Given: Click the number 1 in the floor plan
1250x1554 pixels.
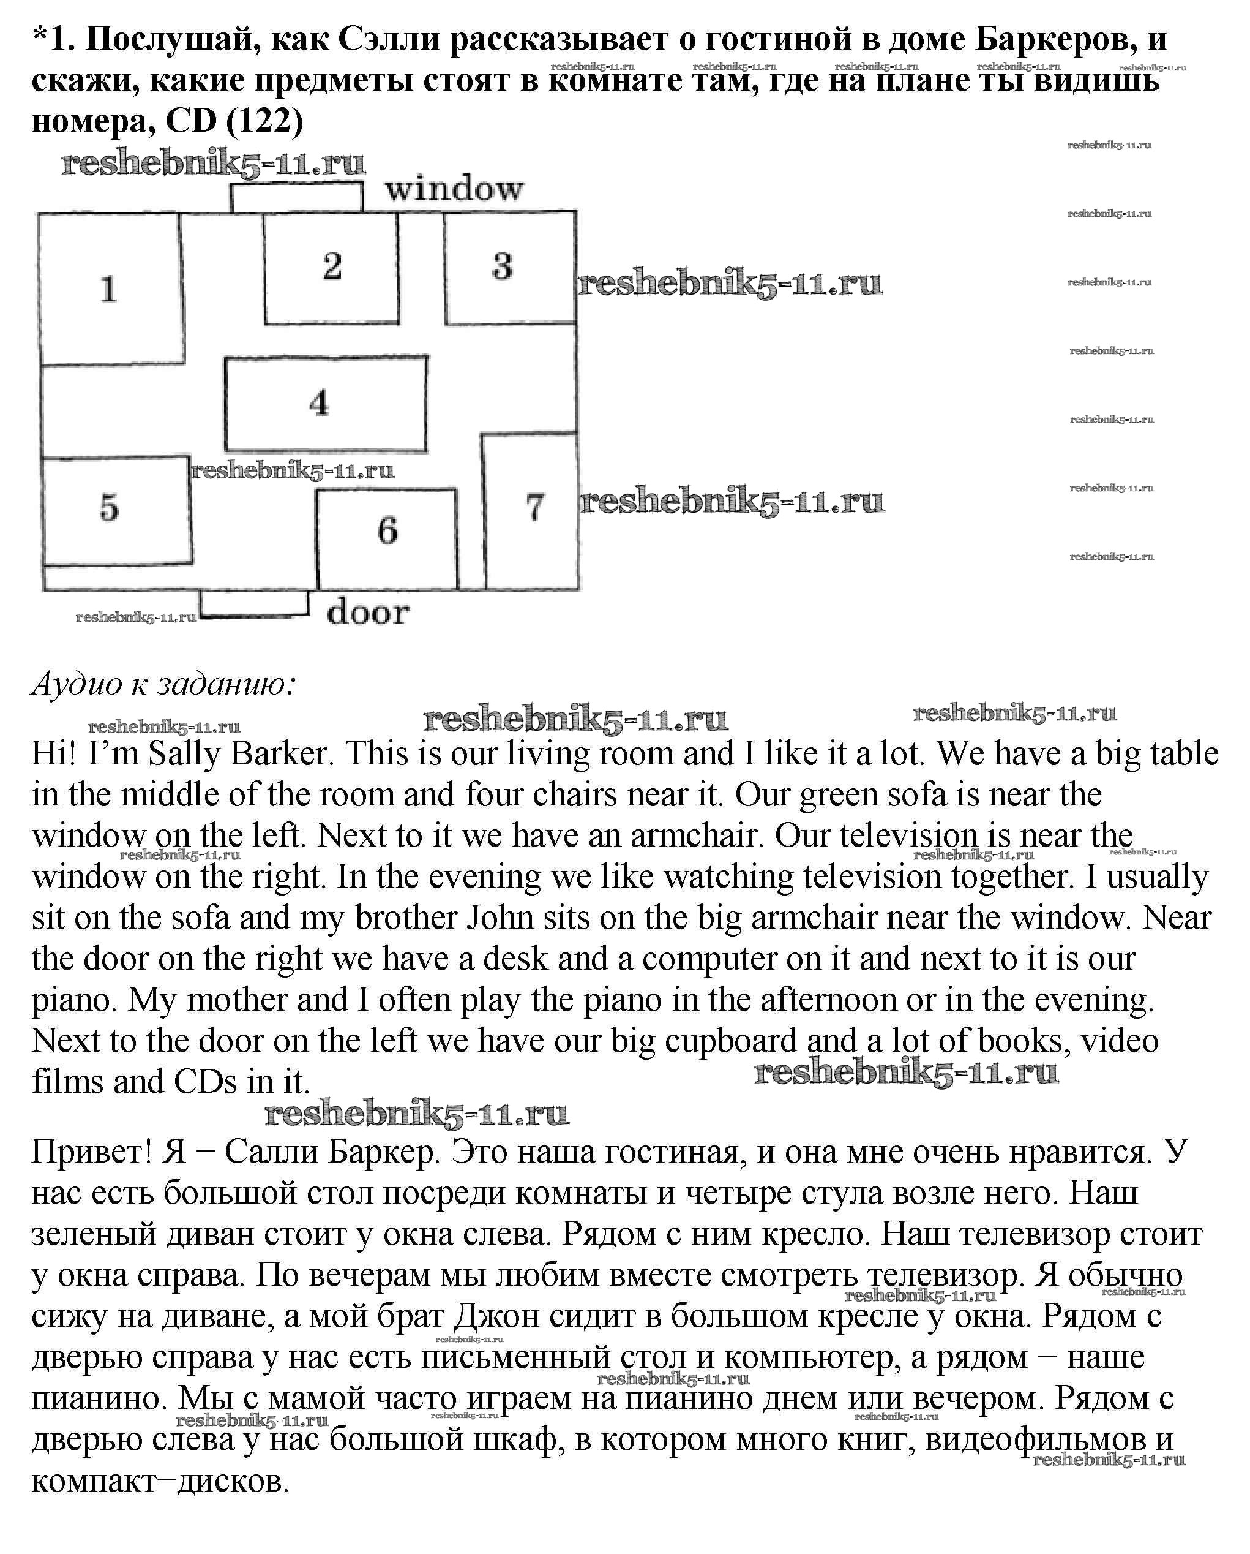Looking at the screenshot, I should pyautogui.click(x=109, y=289).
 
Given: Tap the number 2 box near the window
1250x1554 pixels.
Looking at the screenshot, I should pyautogui.click(x=332, y=266).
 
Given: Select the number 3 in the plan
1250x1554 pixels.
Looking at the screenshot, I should pyautogui.click(x=502, y=266).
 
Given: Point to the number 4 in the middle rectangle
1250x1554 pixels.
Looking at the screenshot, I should pyautogui.click(x=319, y=402).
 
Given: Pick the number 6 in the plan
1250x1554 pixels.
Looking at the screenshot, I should pyautogui.click(x=387, y=531).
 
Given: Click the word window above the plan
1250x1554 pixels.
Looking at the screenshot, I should pyautogui.click(x=454, y=189).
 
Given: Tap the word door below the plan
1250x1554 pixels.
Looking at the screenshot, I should pyautogui.click(x=367, y=613).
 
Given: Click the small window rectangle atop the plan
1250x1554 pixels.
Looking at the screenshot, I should pyautogui.click(x=297, y=197).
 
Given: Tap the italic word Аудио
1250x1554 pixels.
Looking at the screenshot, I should pyautogui.click(x=77, y=684).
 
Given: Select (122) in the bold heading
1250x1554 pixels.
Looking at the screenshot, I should pyautogui.click(x=264, y=121).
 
